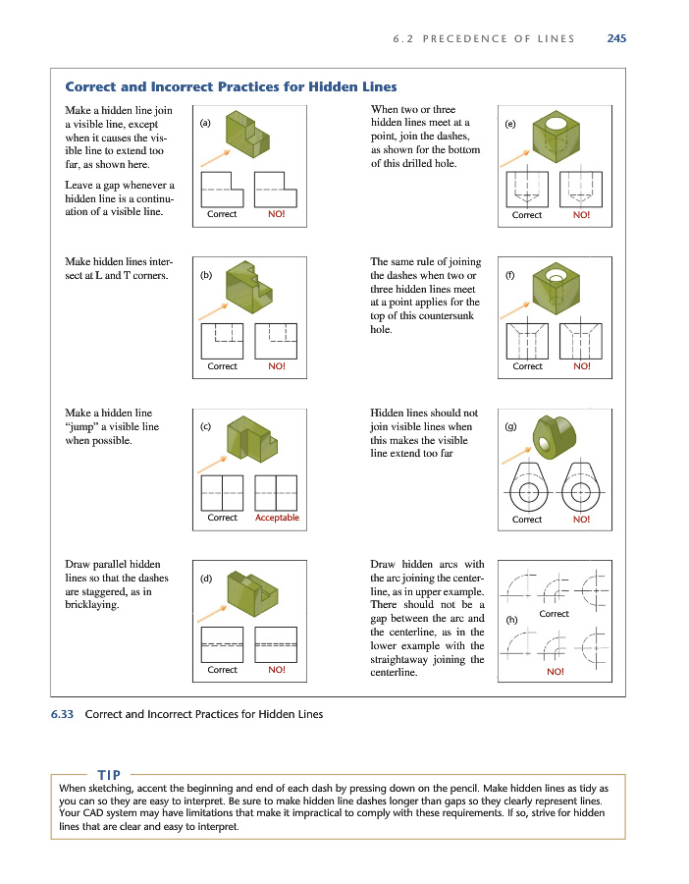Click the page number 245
pos(616,38)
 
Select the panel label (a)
pos(204,124)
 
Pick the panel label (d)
pos(205,578)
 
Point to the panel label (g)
pos(510,426)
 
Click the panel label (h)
pos(511,621)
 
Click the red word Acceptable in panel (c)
pos(277,518)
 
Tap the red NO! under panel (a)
pos(276,214)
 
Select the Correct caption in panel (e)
pos(527,214)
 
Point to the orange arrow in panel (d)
pos(209,615)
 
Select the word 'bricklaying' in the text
pos(92,605)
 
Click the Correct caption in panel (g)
pos(527,519)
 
